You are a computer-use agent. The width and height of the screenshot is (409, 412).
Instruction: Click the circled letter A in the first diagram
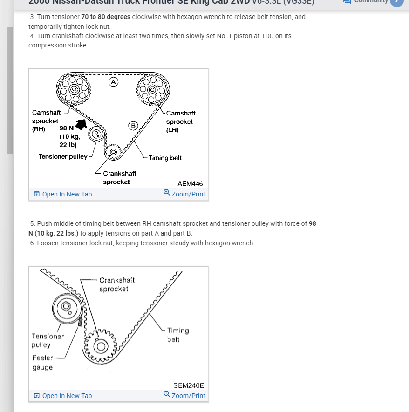click(113, 82)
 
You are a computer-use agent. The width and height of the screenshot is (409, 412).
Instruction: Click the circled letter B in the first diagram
click(133, 125)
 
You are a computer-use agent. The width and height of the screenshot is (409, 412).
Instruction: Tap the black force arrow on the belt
click(82, 124)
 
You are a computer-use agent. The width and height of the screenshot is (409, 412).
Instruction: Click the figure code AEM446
click(190, 183)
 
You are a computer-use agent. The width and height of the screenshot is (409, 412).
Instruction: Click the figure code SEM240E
click(188, 385)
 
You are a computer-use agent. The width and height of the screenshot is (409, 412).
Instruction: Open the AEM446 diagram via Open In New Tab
click(63, 194)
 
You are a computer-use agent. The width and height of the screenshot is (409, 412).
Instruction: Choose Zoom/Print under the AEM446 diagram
click(184, 194)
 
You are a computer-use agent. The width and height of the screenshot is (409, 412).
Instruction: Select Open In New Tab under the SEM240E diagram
click(63, 396)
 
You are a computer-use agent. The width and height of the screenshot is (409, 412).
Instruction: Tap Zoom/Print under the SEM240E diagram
click(184, 396)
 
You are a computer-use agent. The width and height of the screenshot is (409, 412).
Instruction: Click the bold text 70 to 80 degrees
click(106, 17)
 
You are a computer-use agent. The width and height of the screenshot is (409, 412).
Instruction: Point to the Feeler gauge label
click(42, 363)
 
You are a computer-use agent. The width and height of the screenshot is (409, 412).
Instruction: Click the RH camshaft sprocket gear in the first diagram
click(72, 89)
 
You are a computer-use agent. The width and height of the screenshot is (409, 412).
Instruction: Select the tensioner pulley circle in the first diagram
click(96, 135)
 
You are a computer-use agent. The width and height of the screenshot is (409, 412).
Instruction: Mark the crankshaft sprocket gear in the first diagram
click(113, 151)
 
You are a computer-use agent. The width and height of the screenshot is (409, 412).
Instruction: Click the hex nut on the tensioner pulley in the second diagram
click(66, 306)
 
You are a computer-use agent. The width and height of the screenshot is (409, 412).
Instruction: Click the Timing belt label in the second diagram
click(178, 335)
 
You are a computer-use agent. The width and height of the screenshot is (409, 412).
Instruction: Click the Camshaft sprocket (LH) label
click(180, 122)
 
